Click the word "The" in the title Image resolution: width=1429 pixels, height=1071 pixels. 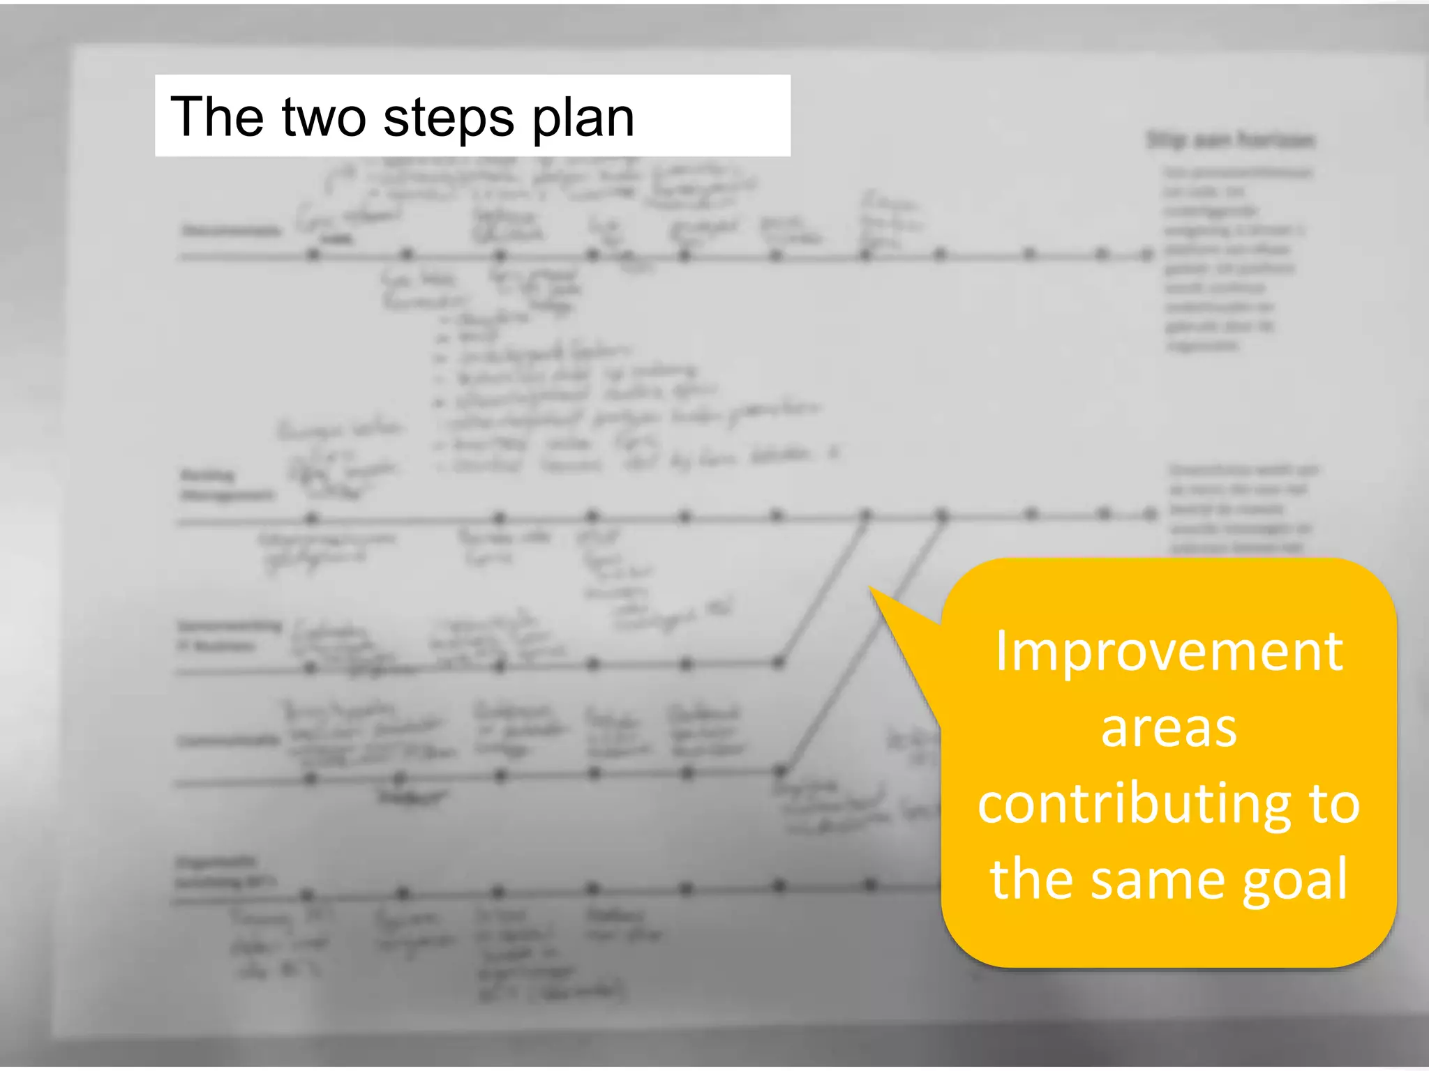coord(216,116)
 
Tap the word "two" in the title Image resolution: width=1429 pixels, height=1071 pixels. coord(324,116)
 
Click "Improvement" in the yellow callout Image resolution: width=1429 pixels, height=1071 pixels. coord(1169,651)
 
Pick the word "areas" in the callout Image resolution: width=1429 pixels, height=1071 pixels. coord(1169,729)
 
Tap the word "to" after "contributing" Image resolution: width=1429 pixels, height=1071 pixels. coord(1334,804)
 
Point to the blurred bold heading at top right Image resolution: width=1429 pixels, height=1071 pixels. coord(1231,140)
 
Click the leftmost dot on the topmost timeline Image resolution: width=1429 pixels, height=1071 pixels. coord(313,255)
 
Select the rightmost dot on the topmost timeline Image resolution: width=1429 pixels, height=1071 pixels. coord(1146,254)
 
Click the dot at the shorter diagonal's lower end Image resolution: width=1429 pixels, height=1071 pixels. coord(779,662)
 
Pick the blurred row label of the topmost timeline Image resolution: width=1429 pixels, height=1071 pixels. coord(231,230)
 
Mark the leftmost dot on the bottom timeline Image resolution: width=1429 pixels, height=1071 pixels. coord(307,895)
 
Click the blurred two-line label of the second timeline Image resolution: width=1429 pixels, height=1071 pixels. coord(225,485)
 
